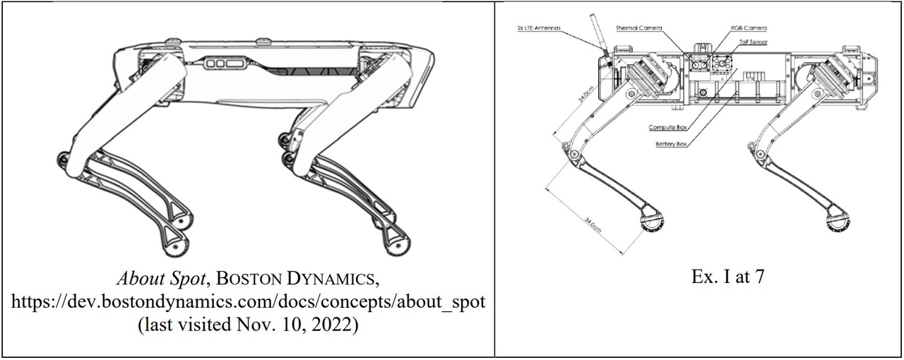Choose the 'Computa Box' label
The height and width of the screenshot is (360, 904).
click(669, 128)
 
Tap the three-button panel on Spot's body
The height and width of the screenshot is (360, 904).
click(225, 63)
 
